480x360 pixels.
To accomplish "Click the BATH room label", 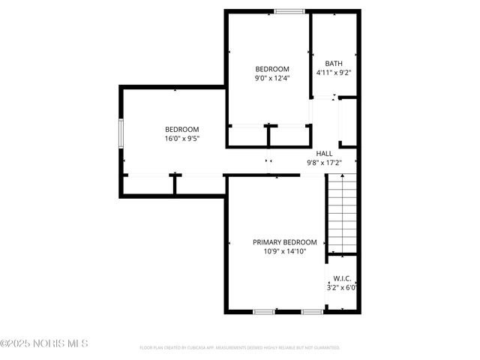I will [x=334, y=64].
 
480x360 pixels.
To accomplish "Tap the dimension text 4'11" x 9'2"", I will [x=334, y=73].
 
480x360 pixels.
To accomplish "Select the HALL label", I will [x=324, y=153].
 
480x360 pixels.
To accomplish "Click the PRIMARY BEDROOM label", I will [x=284, y=242].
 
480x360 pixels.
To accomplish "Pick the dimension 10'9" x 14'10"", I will [x=284, y=251].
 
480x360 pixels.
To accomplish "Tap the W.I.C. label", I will [x=342, y=277].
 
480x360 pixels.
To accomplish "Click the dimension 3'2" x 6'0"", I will [x=342, y=286].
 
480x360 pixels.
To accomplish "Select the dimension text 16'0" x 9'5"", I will [x=181, y=138].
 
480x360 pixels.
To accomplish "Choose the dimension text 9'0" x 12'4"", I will [x=272, y=77].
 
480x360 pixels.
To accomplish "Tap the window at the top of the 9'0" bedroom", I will [x=289, y=11].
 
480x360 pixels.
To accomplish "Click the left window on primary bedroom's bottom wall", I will [x=263, y=311].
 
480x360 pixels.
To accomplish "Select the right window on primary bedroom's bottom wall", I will [x=312, y=311].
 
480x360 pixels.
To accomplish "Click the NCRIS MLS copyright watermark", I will [x=44, y=343].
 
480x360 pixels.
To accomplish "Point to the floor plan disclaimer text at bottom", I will [x=240, y=348].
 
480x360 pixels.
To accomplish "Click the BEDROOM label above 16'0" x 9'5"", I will [x=181, y=129].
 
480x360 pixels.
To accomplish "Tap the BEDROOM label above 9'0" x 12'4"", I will [x=272, y=68].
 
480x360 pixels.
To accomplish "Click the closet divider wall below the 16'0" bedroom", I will [x=175, y=184].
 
